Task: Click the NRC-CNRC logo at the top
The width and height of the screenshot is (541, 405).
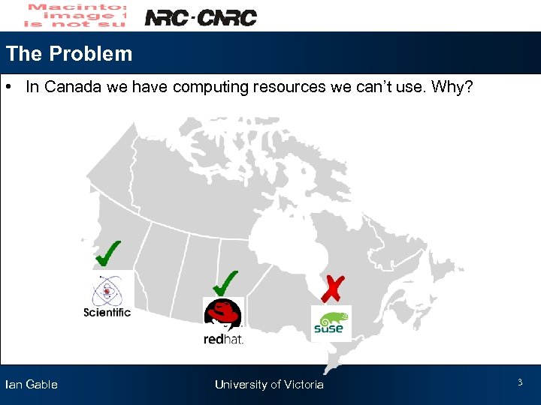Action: (200, 17)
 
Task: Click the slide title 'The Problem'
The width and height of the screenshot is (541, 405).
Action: (69, 54)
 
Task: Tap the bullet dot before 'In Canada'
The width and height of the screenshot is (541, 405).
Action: (13, 87)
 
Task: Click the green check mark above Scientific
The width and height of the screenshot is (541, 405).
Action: (109, 253)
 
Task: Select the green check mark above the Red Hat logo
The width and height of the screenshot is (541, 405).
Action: (225, 282)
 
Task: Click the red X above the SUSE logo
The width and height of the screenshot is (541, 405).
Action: (333, 288)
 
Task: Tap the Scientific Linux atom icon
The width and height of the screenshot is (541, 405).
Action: (107, 289)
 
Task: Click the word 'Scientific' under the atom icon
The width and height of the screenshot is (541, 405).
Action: (107, 313)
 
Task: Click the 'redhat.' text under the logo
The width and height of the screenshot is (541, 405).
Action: (224, 340)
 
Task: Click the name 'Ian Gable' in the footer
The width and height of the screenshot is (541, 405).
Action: (32, 385)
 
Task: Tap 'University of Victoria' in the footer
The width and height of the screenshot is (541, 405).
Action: (269, 385)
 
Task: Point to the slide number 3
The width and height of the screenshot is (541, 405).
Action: (519, 383)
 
